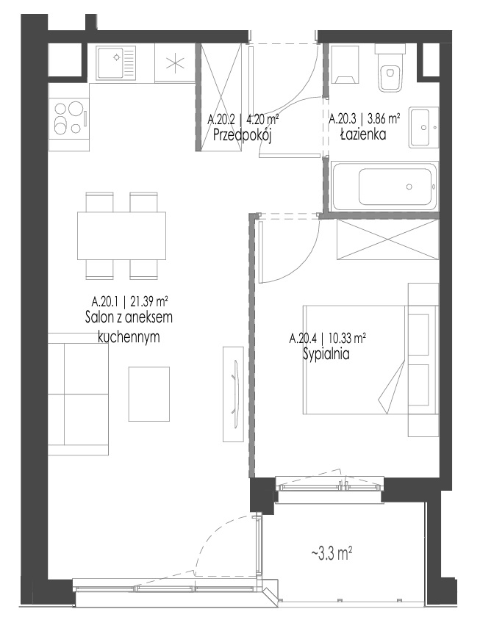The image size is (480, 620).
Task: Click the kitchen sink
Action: [x=116, y=62]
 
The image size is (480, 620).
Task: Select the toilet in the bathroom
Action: [x=390, y=68]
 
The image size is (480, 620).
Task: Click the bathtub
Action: [x=384, y=187]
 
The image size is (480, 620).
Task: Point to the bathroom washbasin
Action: [x=424, y=127]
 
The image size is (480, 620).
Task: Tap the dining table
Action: [x=121, y=236]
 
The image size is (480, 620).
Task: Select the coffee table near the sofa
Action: [x=149, y=394]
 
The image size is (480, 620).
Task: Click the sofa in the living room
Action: [x=79, y=394]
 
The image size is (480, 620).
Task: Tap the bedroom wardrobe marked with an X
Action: [x=387, y=239]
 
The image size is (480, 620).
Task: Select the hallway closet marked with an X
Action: [x=221, y=97]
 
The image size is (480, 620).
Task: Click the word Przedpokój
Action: [x=242, y=135]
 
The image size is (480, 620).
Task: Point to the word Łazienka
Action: [x=363, y=134]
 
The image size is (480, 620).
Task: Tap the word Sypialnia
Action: [x=326, y=354]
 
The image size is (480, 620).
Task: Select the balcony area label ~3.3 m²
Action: [x=332, y=554]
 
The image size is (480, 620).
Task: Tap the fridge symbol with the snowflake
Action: [x=175, y=63]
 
